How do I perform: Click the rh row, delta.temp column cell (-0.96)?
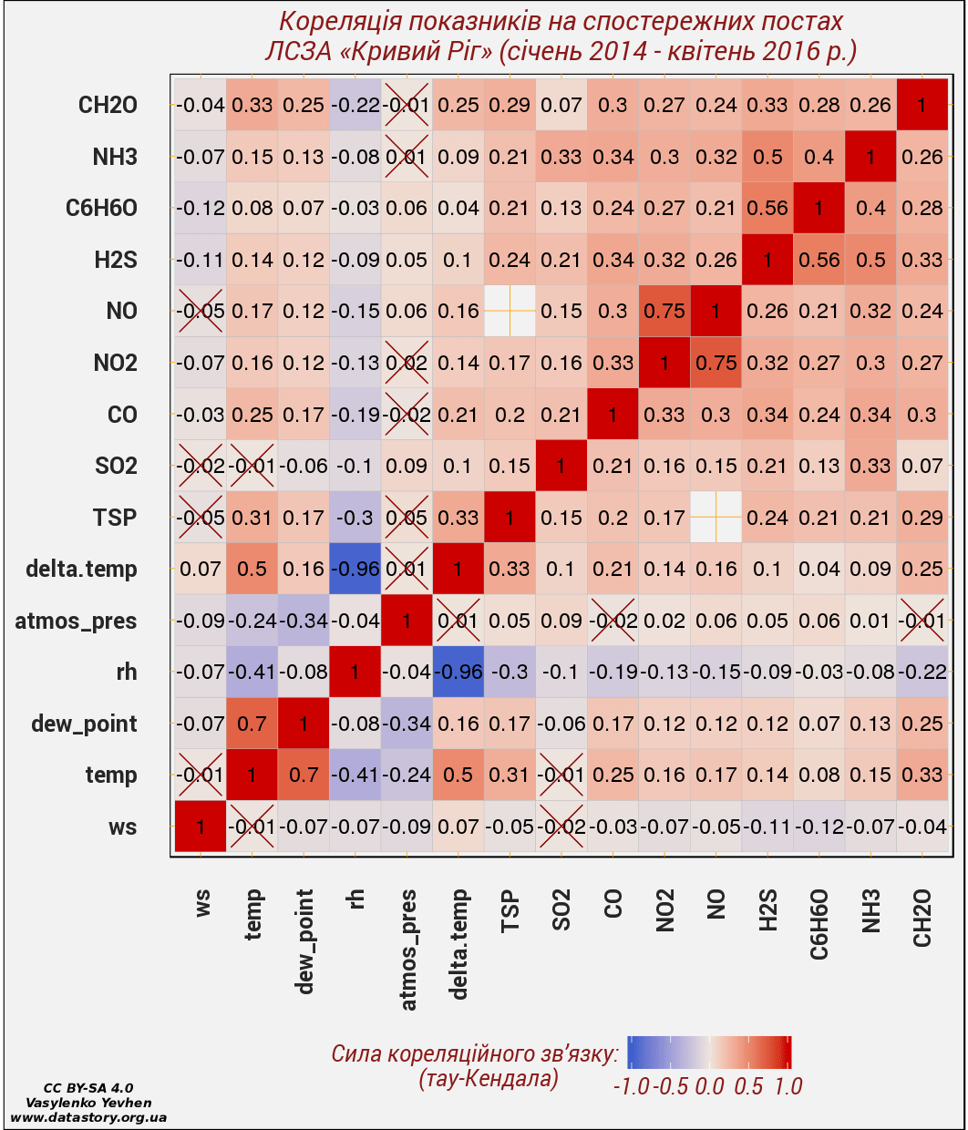point(458,672)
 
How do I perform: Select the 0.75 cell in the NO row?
point(664,311)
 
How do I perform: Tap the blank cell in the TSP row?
point(716,518)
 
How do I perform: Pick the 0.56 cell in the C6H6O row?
point(767,208)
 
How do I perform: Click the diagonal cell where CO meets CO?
point(613,415)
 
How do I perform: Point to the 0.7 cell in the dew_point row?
point(252,724)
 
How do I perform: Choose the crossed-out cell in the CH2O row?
point(407,105)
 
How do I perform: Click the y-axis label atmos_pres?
point(76,621)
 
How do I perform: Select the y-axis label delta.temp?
point(81,570)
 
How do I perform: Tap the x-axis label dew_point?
point(304,941)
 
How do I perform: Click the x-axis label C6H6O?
point(819,924)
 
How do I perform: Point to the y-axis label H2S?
point(115,260)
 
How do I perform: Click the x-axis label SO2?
point(561,910)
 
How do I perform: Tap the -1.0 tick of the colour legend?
point(630,1085)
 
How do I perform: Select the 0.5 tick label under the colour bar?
point(749,1085)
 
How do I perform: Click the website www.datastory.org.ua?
point(88,1117)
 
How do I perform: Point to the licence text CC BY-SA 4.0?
point(88,1088)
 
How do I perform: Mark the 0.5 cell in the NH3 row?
point(767,157)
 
